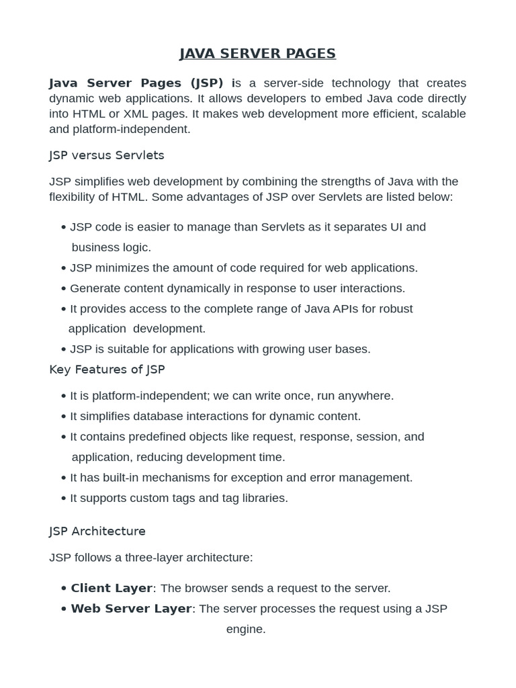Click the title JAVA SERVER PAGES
pos(257,54)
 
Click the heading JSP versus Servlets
pos(107,155)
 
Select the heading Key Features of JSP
pos(107,370)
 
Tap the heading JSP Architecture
pos(97,531)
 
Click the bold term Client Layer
pos(112,588)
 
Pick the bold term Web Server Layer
pos(131,609)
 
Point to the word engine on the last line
pos(246,630)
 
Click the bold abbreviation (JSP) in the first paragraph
pos(207,83)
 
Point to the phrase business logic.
pos(112,247)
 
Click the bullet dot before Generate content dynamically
pos(63,289)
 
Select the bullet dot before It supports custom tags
pos(63,499)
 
